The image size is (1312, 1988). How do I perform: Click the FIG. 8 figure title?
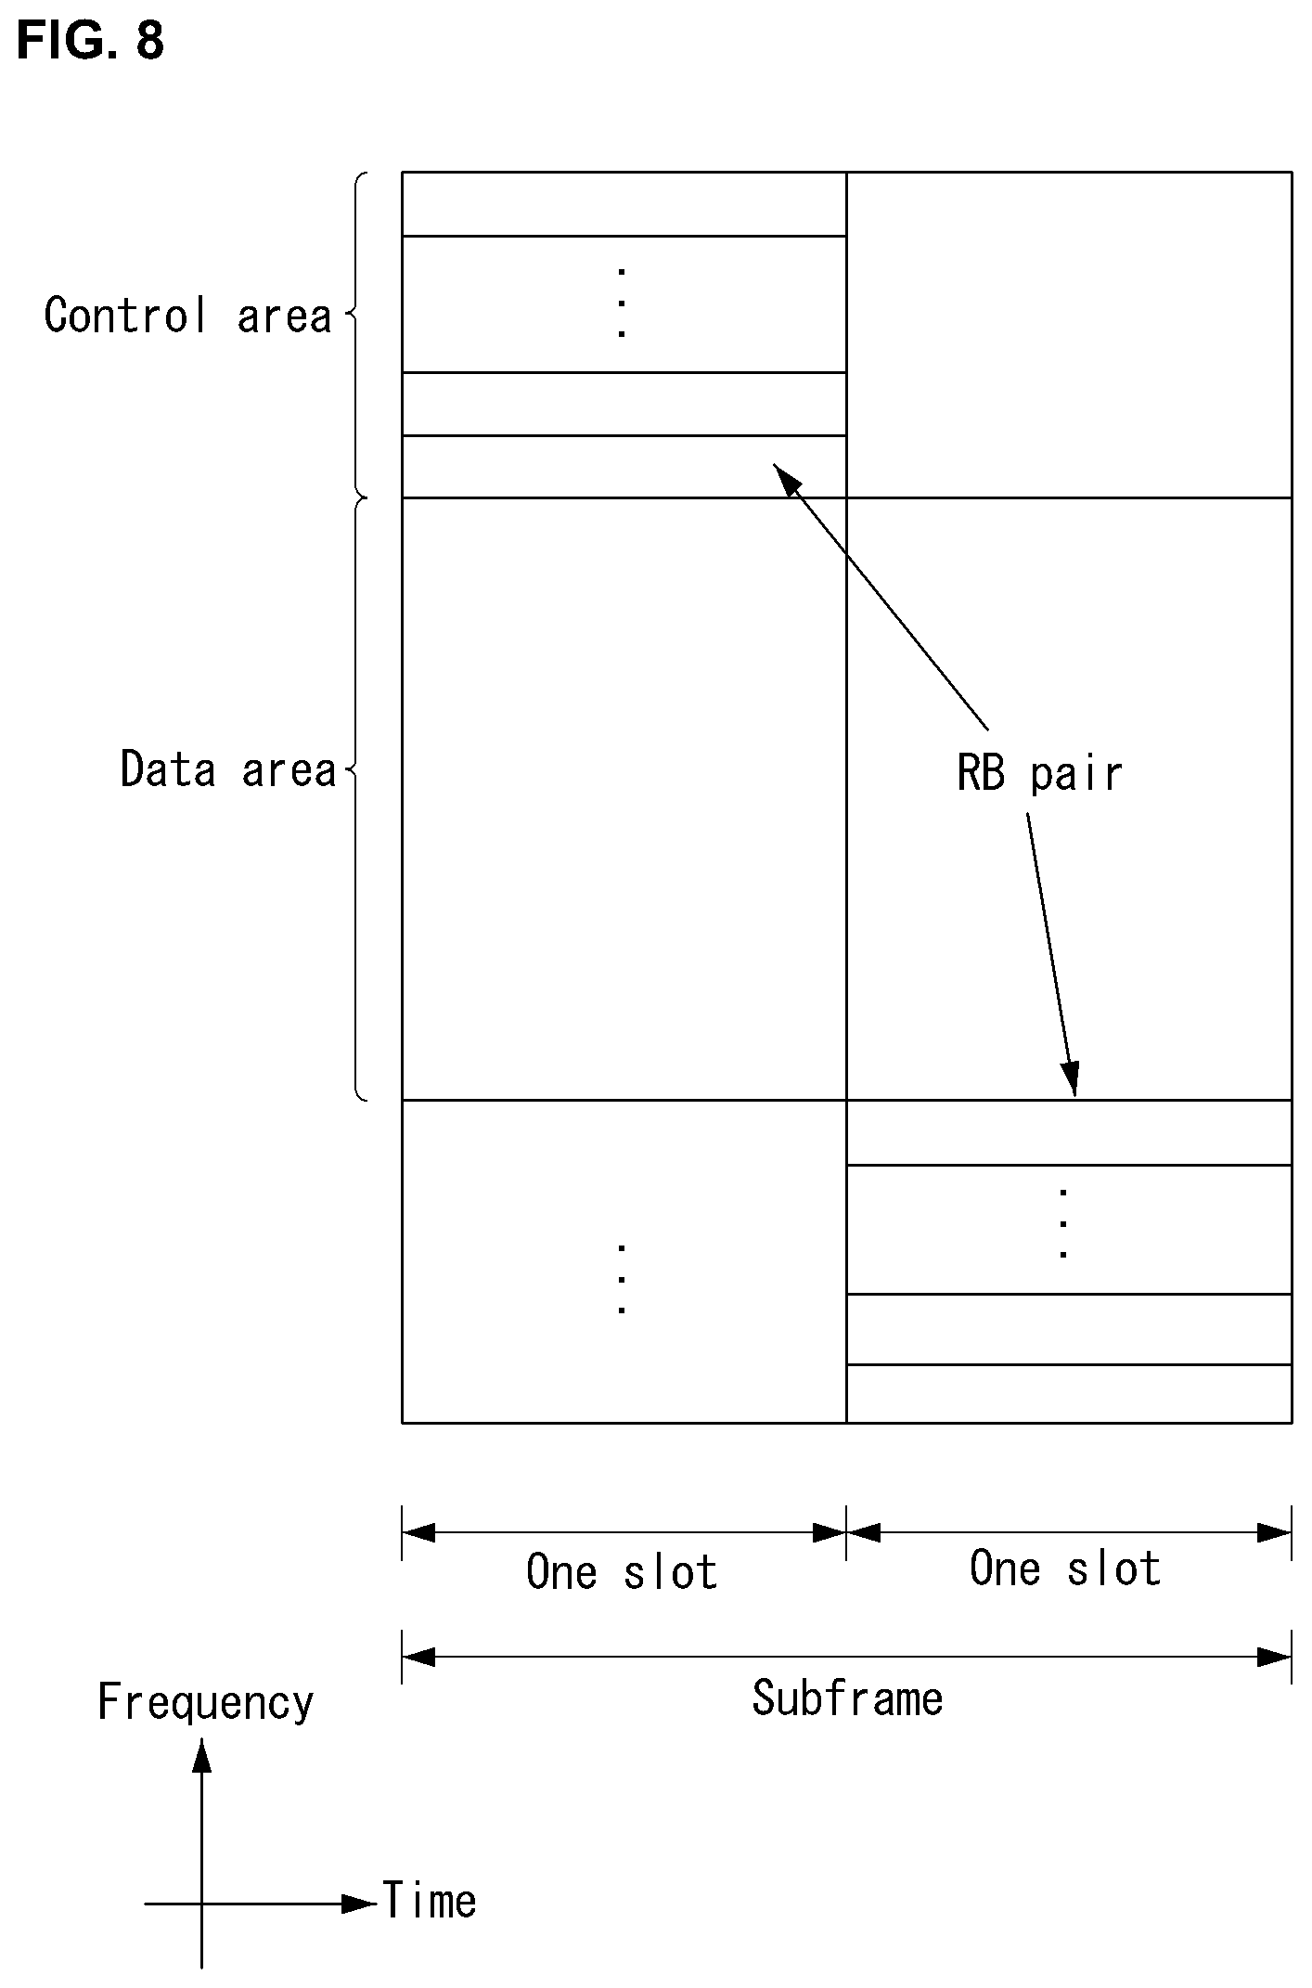90,41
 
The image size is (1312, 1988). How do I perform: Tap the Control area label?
188,316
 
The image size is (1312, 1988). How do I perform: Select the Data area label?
228,769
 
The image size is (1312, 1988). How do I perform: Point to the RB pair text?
1039,773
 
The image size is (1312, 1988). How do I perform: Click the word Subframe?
847,1698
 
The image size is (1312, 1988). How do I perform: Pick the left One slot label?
622,1572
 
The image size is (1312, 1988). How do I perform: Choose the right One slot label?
1065,1568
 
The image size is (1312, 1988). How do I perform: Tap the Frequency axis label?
206,1703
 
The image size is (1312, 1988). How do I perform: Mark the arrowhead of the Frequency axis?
201,1755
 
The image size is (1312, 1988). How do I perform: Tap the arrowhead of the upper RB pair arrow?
785,476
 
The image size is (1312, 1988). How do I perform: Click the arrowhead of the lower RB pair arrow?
1072,1079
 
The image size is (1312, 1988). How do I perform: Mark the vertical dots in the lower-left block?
621,1279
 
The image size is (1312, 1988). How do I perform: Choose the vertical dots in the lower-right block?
1063,1223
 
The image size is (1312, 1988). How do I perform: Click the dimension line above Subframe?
847,1656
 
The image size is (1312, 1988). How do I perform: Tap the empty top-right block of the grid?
1069,335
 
